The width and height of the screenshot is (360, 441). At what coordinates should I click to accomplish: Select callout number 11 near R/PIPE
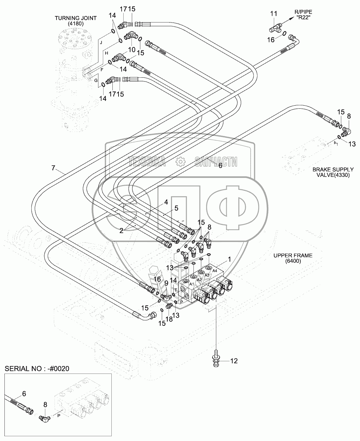pyautogui.click(x=273, y=14)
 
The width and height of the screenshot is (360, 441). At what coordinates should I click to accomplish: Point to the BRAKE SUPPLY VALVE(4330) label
pyautogui.click(x=328, y=172)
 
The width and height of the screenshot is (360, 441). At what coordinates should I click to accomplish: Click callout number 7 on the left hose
pyautogui.click(x=53, y=168)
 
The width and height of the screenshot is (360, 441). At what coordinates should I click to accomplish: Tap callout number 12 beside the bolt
pyautogui.click(x=234, y=361)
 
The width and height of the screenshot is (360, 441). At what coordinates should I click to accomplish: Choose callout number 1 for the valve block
pyautogui.click(x=229, y=259)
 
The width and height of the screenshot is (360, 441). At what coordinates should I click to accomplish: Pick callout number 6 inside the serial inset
pyautogui.click(x=24, y=393)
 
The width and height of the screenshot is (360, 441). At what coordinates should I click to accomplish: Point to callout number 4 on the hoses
pyautogui.click(x=166, y=202)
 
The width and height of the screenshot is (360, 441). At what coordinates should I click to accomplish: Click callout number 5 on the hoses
pyautogui.click(x=176, y=208)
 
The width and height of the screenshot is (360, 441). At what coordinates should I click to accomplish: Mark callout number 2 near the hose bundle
pyautogui.click(x=121, y=231)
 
